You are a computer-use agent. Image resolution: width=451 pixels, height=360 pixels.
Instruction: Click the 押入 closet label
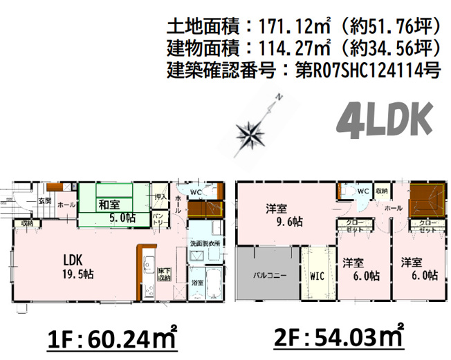coord(160,198)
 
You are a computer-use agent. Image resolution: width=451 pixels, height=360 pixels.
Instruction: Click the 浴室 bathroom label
coord(199,283)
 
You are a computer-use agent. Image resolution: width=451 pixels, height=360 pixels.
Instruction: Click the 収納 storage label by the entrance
coord(27,223)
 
